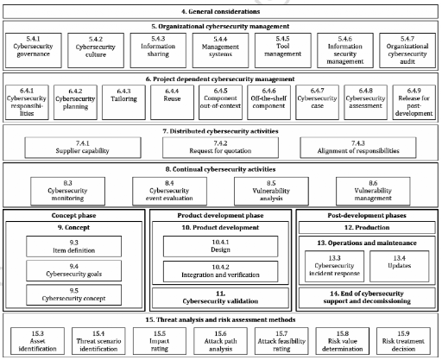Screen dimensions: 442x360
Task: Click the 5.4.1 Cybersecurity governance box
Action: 34,50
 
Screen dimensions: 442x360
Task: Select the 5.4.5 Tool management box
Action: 283,50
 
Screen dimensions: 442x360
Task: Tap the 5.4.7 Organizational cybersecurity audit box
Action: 407,50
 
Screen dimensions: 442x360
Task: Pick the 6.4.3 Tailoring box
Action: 123,102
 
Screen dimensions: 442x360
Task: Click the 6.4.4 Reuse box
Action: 172,102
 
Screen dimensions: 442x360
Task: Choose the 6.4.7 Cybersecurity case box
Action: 317,102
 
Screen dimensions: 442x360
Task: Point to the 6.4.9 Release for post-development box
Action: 414,102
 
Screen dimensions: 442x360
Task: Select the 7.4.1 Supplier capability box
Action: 83,148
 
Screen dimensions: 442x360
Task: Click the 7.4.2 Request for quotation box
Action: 220,148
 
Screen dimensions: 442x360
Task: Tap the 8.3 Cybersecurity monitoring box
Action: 67,191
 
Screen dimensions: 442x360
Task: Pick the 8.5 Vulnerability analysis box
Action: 271,191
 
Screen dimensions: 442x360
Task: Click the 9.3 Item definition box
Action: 74,246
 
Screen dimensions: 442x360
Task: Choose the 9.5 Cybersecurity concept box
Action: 74,294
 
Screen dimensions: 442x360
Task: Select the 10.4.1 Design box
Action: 220,246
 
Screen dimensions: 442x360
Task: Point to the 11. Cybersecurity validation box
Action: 220,298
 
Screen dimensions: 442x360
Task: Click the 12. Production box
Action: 367,227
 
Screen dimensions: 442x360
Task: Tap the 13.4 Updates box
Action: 400,266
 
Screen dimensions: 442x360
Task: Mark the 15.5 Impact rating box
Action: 160,341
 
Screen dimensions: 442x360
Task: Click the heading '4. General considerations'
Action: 220,12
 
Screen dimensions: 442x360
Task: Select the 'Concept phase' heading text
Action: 73,216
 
